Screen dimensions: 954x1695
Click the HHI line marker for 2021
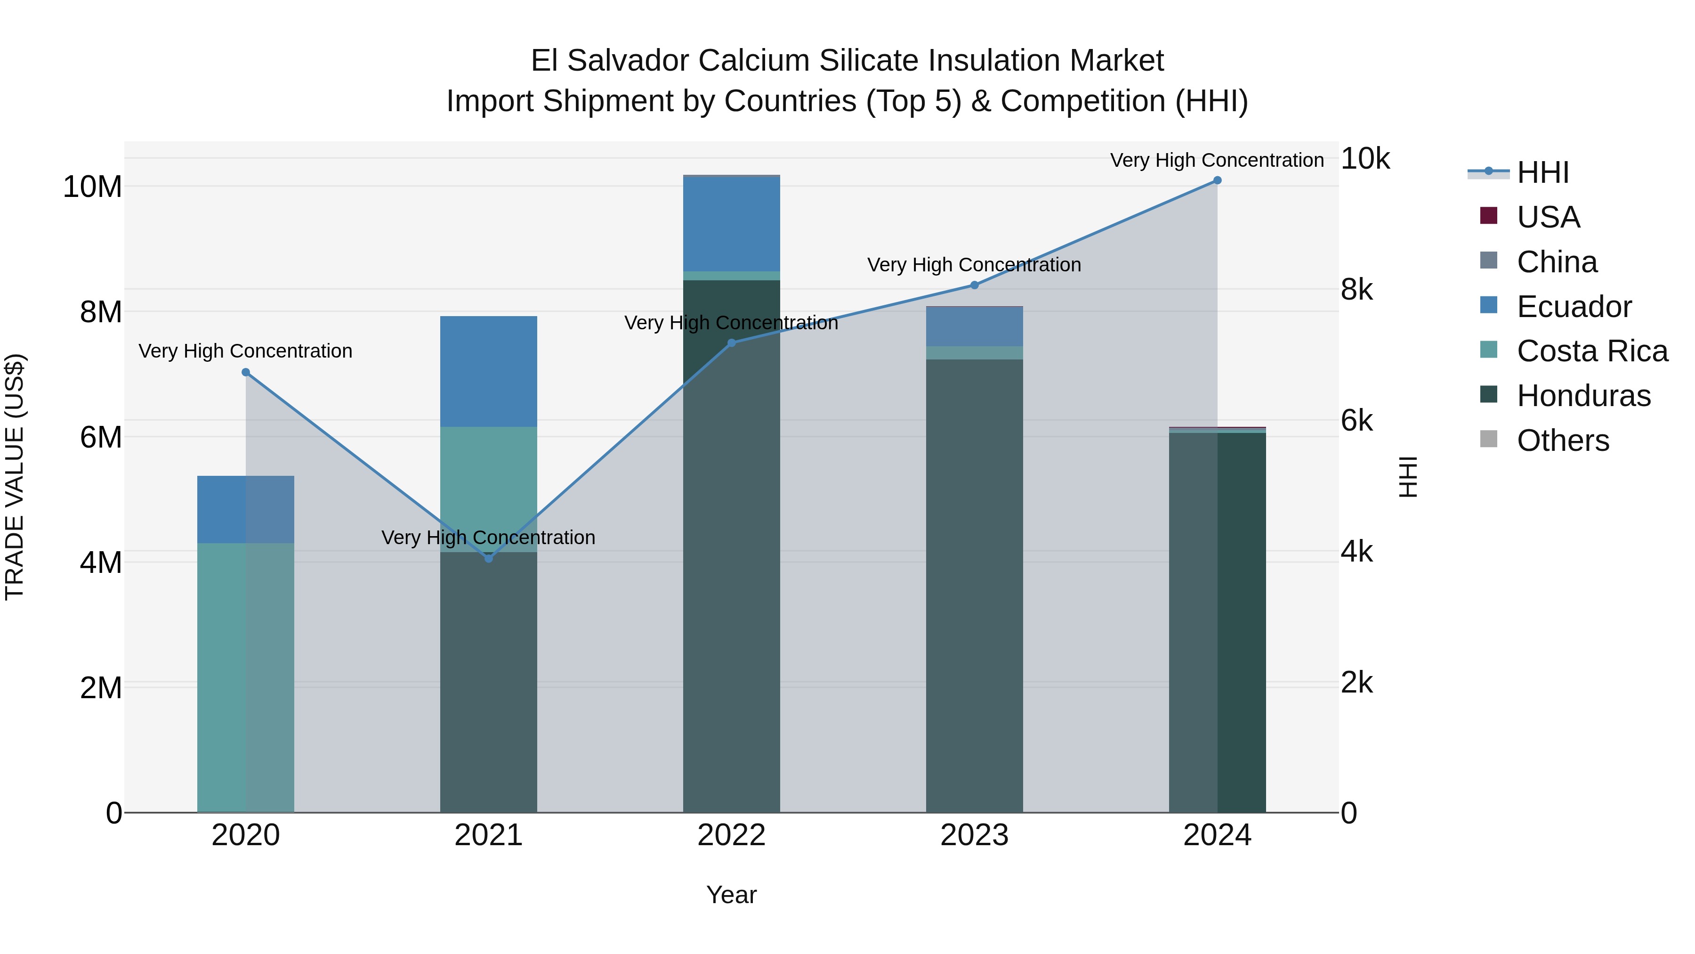pyautogui.click(x=488, y=558)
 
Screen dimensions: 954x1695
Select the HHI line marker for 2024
pyautogui.click(x=1217, y=180)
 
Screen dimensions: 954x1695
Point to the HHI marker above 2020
pyautogui.click(x=245, y=372)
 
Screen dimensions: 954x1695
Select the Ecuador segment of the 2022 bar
pyautogui.click(x=731, y=224)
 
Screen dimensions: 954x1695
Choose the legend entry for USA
pyautogui.click(x=1548, y=217)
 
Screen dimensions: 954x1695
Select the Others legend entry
pyautogui.click(x=1562, y=440)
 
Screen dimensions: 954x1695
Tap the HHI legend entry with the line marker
pyautogui.click(x=1542, y=172)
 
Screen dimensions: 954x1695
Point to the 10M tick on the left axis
pyautogui.click(x=92, y=187)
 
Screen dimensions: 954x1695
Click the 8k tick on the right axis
pyautogui.click(x=1357, y=290)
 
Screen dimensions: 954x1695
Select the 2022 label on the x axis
pyautogui.click(x=731, y=835)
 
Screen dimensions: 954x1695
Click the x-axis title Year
pyautogui.click(x=731, y=895)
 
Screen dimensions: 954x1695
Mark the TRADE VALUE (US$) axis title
pyautogui.click(x=15, y=477)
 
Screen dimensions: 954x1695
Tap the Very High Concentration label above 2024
pyautogui.click(x=1217, y=160)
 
